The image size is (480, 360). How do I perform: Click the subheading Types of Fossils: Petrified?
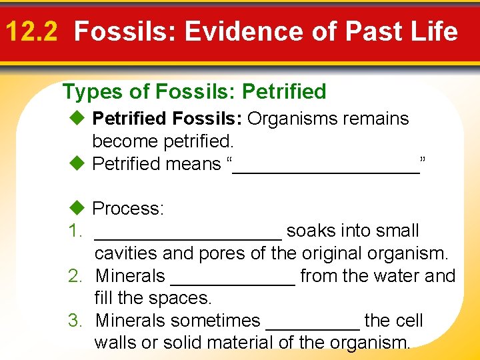click(x=194, y=91)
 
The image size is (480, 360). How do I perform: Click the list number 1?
click(x=75, y=231)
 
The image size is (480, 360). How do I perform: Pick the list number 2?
click(x=75, y=276)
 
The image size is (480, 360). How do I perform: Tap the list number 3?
click(x=75, y=321)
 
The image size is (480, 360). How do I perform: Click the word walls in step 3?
click(x=116, y=343)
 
